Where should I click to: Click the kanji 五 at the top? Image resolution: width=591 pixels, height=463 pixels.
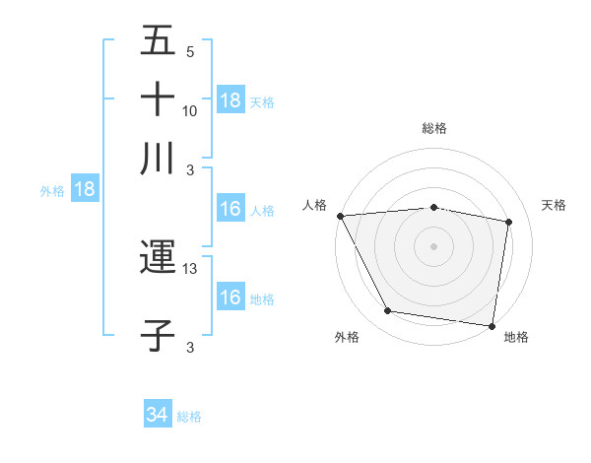pyautogui.click(x=158, y=41)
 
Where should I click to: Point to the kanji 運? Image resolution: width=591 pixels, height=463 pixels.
pyautogui.click(x=158, y=258)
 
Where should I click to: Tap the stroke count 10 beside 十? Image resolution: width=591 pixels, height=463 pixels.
pyautogui.click(x=190, y=110)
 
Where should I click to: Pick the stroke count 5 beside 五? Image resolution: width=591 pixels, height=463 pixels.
pyautogui.click(x=190, y=52)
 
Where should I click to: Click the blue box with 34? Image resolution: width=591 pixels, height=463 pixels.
pyautogui.click(x=157, y=416)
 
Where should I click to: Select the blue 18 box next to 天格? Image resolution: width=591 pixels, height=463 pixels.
pyautogui.click(x=230, y=100)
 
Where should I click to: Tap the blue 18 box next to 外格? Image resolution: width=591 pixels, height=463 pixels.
pyautogui.click(x=85, y=190)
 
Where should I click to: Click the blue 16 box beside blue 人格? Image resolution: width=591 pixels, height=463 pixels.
pyautogui.click(x=230, y=210)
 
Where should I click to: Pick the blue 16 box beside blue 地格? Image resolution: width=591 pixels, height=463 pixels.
pyautogui.click(x=230, y=298)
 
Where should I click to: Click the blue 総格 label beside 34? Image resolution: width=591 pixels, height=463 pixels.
pyautogui.click(x=189, y=417)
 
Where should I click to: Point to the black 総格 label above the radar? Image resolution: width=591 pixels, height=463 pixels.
pyautogui.click(x=434, y=128)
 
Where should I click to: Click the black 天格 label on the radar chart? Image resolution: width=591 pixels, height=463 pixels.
pyautogui.click(x=554, y=205)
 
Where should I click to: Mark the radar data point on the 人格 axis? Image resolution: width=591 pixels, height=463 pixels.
pyautogui.click(x=340, y=216)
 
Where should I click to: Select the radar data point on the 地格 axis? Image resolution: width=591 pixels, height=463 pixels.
pyautogui.click(x=492, y=325)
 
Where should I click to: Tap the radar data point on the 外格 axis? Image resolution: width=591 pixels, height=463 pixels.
pyautogui.click(x=388, y=311)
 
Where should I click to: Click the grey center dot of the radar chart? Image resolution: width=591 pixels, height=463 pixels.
pyautogui.click(x=434, y=246)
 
